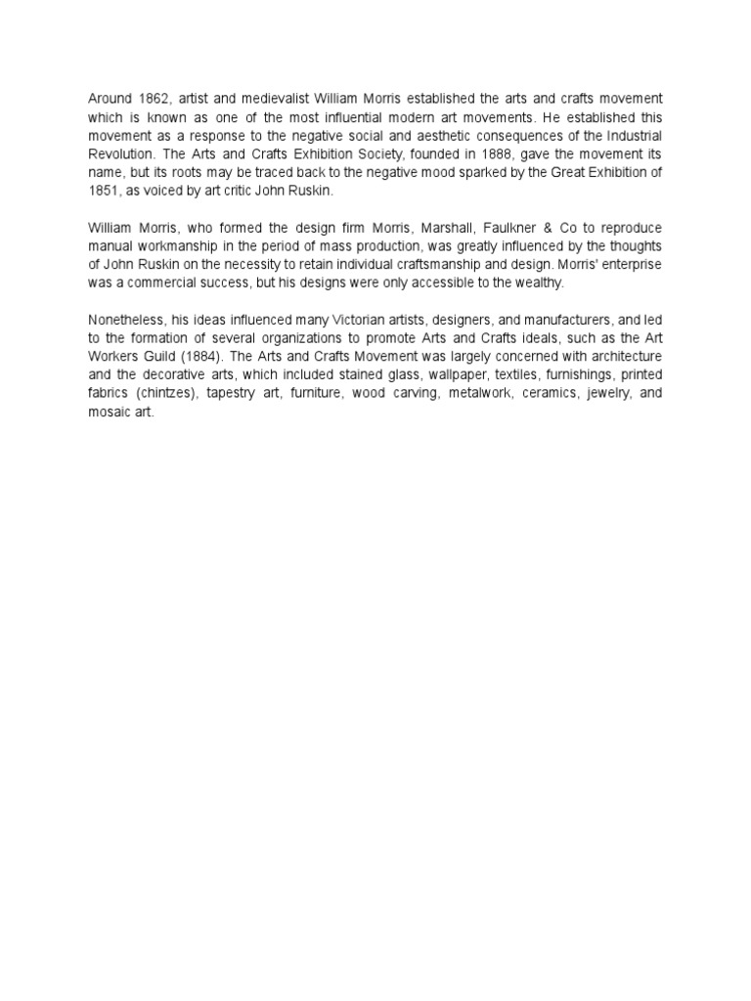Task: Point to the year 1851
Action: click(104, 193)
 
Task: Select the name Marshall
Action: click(459, 229)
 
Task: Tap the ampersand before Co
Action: click(572, 229)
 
